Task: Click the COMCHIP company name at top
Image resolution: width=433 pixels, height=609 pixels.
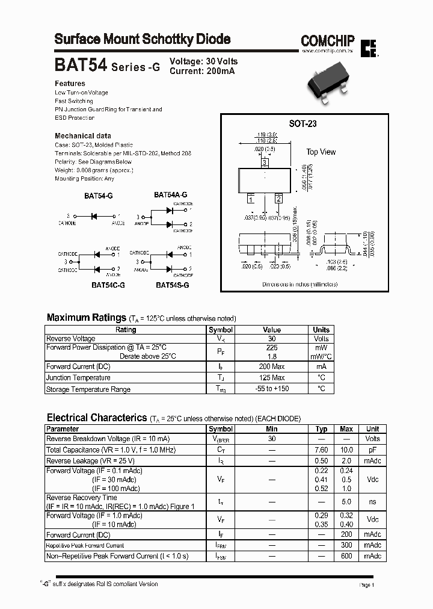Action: (x=328, y=41)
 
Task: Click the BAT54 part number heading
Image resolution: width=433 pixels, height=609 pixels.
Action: (x=81, y=66)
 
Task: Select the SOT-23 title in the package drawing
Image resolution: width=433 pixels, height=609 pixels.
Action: (x=302, y=123)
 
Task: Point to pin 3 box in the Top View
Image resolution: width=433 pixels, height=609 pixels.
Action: (x=264, y=162)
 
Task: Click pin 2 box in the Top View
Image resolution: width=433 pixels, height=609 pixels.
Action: (x=278, y=199)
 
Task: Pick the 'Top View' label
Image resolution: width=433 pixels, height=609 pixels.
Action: (x=321, y=152)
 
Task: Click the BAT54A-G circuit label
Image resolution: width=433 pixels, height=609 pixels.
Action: (x=170, y=195)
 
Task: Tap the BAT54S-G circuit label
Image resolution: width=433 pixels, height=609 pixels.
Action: (x=173, y=285)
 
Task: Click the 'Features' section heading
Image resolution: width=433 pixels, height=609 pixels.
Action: (x=70, y=84)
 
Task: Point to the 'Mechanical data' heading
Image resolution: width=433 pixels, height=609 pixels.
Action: (x=83, y=136)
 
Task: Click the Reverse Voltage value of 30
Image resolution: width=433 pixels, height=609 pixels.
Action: (x=272, y=339)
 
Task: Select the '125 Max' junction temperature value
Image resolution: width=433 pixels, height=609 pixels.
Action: (x=272, y=378)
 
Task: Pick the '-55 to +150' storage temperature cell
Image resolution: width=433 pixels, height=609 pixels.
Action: (x=272, y=389)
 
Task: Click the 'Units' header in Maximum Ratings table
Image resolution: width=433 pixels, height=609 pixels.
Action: (x=321, y=330)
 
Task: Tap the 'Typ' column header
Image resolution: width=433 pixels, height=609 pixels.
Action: (x=321, y=429)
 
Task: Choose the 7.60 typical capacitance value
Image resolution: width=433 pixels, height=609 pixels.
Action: (x=321, y=450)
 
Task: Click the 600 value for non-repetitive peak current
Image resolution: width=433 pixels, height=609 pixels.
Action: (x=346, y=557)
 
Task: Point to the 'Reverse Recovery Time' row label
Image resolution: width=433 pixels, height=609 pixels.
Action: (x=82, y=498)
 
